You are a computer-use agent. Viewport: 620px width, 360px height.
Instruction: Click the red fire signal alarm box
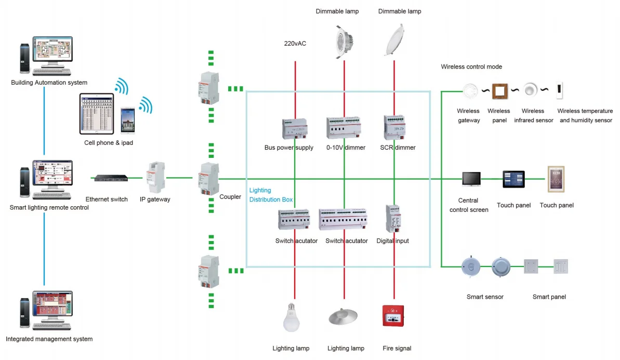[x=393, y=316]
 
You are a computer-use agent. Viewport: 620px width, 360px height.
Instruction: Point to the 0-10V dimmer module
[x=343, y=128]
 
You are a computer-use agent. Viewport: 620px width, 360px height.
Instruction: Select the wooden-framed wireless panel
[x=499, y=91]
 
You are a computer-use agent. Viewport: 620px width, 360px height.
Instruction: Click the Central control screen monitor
[x=471, y=179]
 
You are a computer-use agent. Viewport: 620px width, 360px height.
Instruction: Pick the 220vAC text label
[x=295, y=44]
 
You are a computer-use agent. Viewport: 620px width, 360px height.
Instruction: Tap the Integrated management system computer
[x=47, y=311]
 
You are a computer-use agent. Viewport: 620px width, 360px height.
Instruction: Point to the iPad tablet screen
[x=96, y=114]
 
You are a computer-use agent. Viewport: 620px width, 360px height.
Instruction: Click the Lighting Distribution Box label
[x=270, y=195]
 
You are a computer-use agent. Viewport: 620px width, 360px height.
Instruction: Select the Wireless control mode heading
[x=471, y=67]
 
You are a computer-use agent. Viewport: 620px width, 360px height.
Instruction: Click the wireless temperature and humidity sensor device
[x=560, y=91]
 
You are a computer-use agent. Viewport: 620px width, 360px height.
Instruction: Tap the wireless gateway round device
[x=470, y=91]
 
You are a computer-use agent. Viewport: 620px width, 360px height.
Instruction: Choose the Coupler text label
[x=230, y=197]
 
